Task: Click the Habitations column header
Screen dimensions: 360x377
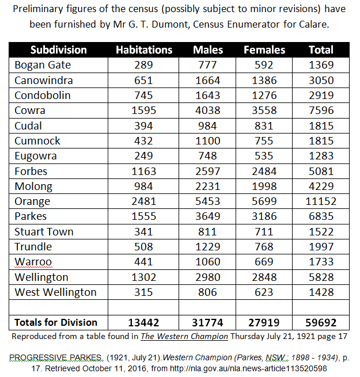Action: pyautogui.click(x=143, y=49)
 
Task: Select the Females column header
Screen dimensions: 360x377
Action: pyautogui.click(x=264, y=49)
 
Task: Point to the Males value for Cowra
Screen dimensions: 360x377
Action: pyautogui.click(x=208, y=111)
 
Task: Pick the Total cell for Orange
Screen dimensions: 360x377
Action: pyautogui.click(x=321, y=201)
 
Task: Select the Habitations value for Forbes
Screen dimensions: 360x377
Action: pyautogui.click(x=143, y=171)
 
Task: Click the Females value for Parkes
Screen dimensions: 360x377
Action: pyautogui.click(x=264, y=216)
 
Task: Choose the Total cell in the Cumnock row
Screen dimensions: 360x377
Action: pyautogui.click(x=321, y=141)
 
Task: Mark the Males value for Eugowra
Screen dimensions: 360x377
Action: pyautogui.click(x=208, y=156)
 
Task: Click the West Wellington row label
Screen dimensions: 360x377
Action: pyautogui.click(x=55, y=292)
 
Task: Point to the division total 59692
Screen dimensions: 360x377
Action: pyautogui.click(x=321, y=323)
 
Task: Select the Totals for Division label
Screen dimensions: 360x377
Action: pyautogui.click(x=56, y=323)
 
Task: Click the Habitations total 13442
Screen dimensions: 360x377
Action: pyautogui.click(x=143, y=323)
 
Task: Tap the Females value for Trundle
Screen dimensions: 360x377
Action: pyautogui.click(x=264, y=247)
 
